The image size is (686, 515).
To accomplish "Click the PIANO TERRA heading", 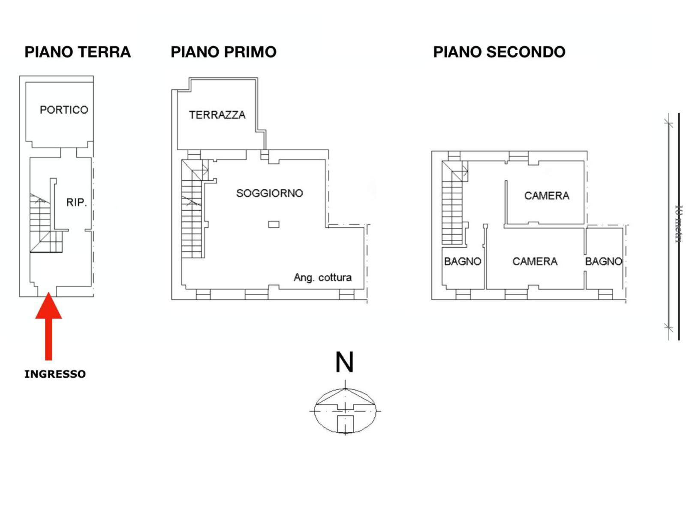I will click(77, 52).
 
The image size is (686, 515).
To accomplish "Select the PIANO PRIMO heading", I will click(223, 52).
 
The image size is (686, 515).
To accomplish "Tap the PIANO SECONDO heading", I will click(499, 52).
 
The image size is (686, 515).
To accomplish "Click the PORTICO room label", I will click(64, 110).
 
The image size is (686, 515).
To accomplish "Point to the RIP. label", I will click(76, 202).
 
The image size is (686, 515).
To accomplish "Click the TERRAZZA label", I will click(217, 115).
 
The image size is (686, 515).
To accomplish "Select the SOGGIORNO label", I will click(269, 193).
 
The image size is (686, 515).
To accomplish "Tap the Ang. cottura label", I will click(322, 277).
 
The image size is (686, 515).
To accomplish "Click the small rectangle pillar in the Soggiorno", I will click(274, 224).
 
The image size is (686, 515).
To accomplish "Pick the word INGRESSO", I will click(55, 374).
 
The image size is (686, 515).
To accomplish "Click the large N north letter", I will click(344, 362).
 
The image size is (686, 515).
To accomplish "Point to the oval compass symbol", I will click(345, 410).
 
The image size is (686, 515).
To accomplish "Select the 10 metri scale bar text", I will click(679, 223).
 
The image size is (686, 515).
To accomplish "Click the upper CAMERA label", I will click(547, 196).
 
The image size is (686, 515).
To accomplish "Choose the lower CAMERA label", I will click(535, 261).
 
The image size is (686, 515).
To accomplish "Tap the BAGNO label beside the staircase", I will click(462, 261).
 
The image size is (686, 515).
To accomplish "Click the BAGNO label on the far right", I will click(603, 261).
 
